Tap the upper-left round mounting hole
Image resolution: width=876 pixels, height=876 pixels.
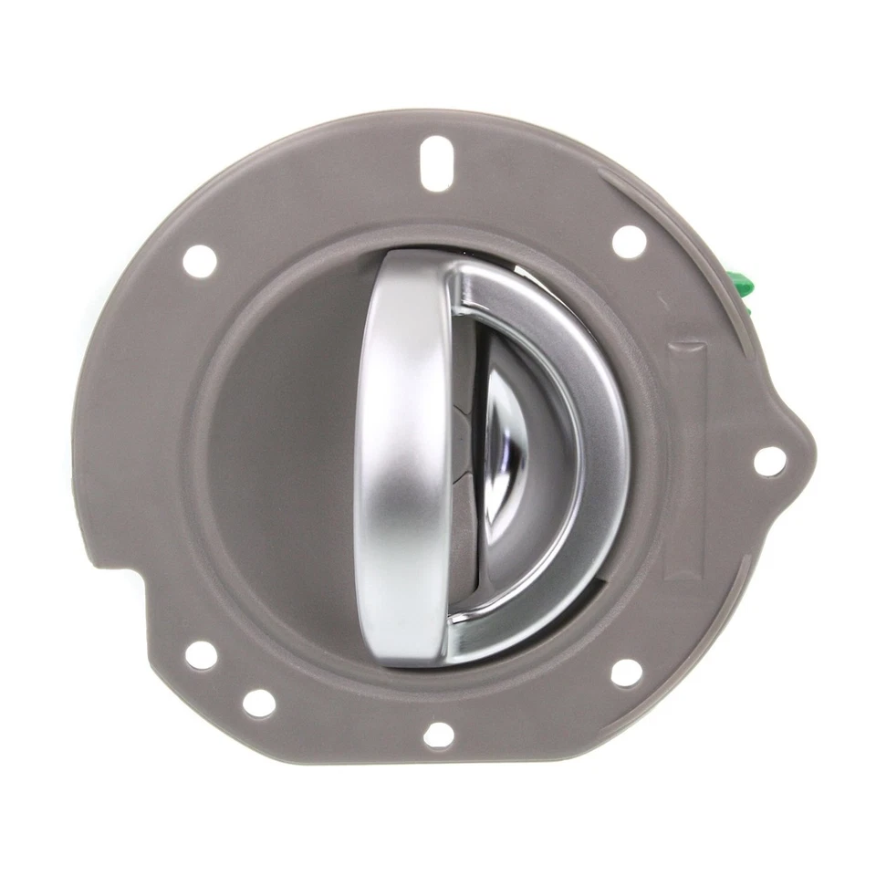[x=200, y=261]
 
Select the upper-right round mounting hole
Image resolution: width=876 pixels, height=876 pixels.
[x=628, y=242]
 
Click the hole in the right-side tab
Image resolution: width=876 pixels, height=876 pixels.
[x=769, y=460]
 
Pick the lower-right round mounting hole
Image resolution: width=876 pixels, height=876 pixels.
[x=626, y=673]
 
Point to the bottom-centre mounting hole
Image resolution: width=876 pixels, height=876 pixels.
[x=439, y=734]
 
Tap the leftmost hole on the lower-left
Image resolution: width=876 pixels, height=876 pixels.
[x=201, y=654]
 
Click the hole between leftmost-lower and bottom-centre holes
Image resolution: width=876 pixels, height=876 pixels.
[x=259, y=703]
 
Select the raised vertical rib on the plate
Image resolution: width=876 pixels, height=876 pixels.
[x=686, y=456]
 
